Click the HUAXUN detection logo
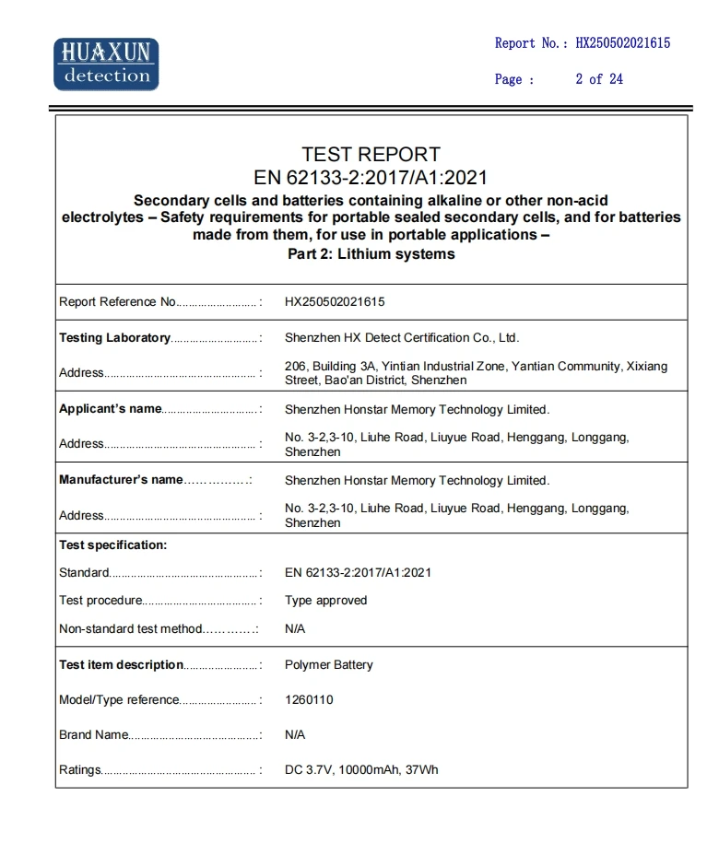point(106,64)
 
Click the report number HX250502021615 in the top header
point(622,42)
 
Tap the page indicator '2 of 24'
point(599,79)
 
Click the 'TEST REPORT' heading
point(371,154)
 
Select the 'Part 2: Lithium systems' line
point(371,253)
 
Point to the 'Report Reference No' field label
point(117,301)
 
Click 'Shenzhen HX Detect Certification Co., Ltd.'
point(402,337)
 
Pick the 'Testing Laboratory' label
point(114,337)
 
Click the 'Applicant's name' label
point(110,409)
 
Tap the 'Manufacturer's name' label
point(121,479)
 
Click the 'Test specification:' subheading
point(112,544)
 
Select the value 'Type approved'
point(325,600)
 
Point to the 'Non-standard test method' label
point(130,628)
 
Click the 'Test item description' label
point(121,664)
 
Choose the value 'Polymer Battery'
point(328,664)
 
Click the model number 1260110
point(309,699)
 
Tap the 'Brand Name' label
point(93,734)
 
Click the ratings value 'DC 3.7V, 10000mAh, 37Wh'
point(361,769)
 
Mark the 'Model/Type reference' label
point(118,699)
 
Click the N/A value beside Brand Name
point(295,734)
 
